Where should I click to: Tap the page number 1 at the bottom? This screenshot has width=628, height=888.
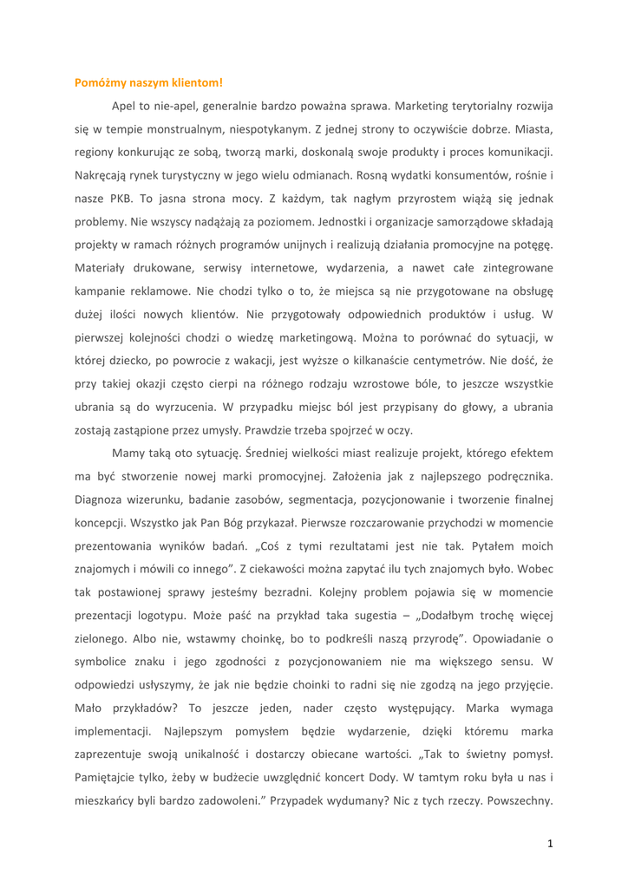point(550,843)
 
